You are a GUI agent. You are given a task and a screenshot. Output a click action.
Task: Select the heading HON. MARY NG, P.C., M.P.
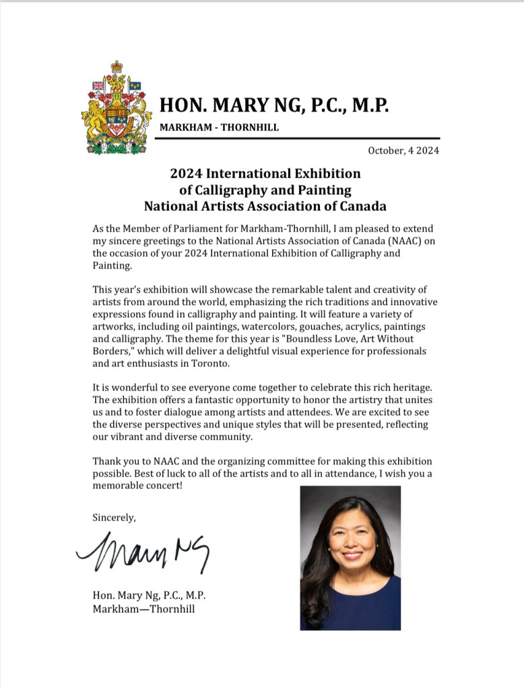coord(273,106)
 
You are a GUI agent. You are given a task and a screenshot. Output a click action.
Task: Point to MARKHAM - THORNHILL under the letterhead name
coord(219,127)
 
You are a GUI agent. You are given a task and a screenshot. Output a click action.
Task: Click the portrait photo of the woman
coord(350,558)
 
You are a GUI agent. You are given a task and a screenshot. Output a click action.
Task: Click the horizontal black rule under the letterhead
coord(297,137)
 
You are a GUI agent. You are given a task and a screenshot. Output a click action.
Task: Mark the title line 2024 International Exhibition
coord(265,174)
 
